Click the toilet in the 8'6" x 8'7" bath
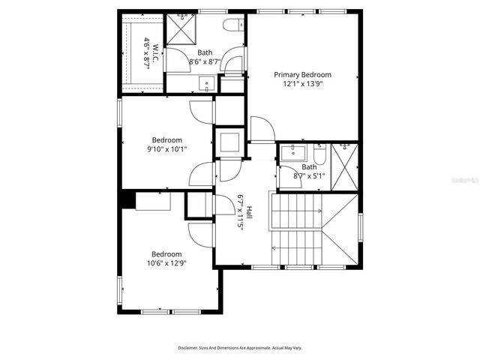pos(232,25)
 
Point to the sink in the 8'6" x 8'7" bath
pos(205,83)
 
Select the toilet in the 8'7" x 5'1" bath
pos(319,156)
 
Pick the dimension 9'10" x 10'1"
pos(166,149)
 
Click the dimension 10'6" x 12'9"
pos(166,263)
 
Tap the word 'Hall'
pos(250,212)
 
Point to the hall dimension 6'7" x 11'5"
pos(241,212)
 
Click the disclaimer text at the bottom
pos(239,348)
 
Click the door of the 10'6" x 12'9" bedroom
pos(200,233)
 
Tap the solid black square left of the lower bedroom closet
pos(128,200)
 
